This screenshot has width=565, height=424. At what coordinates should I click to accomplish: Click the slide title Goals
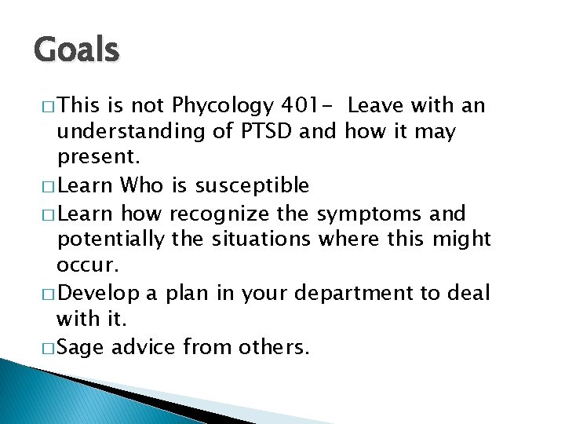pyautogui.click(x=77, y=50)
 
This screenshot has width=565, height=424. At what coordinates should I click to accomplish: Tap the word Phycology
pyautogui.click(x=222, y=105)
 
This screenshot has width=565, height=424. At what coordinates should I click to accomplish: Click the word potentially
pyautogui.click(x=111, y=239)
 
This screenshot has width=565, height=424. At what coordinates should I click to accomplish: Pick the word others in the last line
pyautogui.click(x=273, y=347)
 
